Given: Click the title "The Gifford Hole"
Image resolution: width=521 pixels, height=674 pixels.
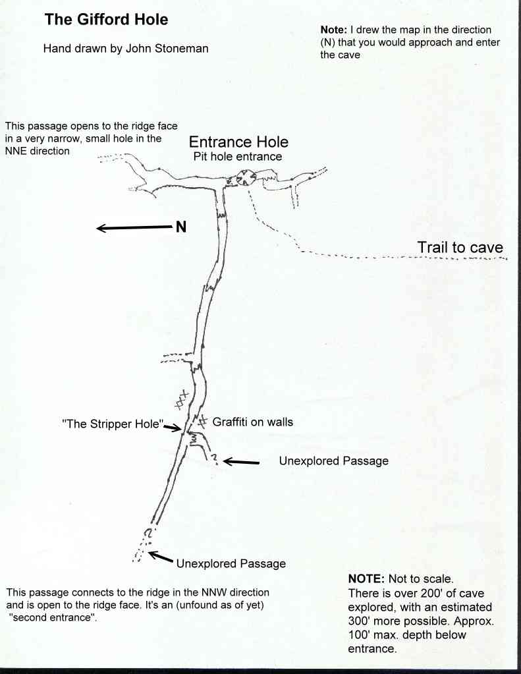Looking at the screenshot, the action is click(106, 19).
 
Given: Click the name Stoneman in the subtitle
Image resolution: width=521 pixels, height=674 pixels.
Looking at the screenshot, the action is click(181, 48).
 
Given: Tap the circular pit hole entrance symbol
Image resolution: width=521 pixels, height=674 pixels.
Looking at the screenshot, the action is click(246, 177).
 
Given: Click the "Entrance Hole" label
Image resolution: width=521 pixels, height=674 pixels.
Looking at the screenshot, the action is click(238, 142).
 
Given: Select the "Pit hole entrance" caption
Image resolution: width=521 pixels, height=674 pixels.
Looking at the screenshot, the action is click(238, 156).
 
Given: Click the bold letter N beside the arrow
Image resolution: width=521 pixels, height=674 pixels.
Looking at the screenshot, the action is click(181, 227).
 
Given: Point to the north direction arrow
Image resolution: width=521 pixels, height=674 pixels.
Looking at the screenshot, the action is click(134, 227).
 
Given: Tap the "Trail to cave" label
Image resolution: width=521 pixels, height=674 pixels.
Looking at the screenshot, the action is click(460, 247).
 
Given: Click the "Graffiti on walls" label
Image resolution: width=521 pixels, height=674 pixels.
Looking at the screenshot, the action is click(253, 422).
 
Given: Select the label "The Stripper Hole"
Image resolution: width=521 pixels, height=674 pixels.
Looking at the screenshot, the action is click(113, 424).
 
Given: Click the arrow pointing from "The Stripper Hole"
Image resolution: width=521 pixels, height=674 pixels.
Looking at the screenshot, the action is click(173, 428).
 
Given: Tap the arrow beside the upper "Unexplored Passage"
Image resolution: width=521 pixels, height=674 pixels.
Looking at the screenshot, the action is click(241, 462).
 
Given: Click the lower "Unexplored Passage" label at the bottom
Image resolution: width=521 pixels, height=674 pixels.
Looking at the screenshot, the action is click(231, 563).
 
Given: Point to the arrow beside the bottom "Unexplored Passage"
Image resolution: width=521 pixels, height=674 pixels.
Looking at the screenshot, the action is click(160, 557).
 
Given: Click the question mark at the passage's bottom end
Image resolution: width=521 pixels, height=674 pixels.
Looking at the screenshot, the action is click(148, 534).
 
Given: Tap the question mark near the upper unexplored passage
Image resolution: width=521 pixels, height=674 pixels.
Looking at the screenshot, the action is click(214, 459).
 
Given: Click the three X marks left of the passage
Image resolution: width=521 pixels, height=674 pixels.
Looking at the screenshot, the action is click(182, 399).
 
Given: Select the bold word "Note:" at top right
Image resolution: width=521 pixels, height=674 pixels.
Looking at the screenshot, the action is click(333, 30).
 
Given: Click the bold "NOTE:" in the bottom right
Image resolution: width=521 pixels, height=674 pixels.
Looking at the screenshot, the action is click(366, 578).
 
